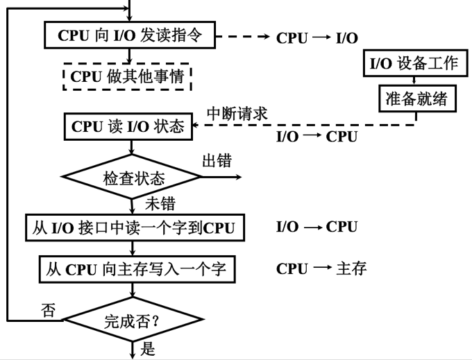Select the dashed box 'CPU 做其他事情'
pyautogui.click(x=126, y=76)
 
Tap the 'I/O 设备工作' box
pyautogui.click(x=413, y=63)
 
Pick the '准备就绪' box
pyautogui.click(x=416, y=99)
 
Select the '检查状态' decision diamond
pyautogui.click(x=132, y=178)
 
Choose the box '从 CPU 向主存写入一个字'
pyautogui.click(x=133, y=268)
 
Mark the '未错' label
pyautogui.click(x=159, y=204)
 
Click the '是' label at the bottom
pyautogui.click(x=148, y=349)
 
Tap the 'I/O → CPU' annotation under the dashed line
pyautogui.click(x=317, y=136)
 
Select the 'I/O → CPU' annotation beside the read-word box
pyautogui.click(x=317, y=227)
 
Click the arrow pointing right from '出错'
pyautogui.click(x=222, y=177)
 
